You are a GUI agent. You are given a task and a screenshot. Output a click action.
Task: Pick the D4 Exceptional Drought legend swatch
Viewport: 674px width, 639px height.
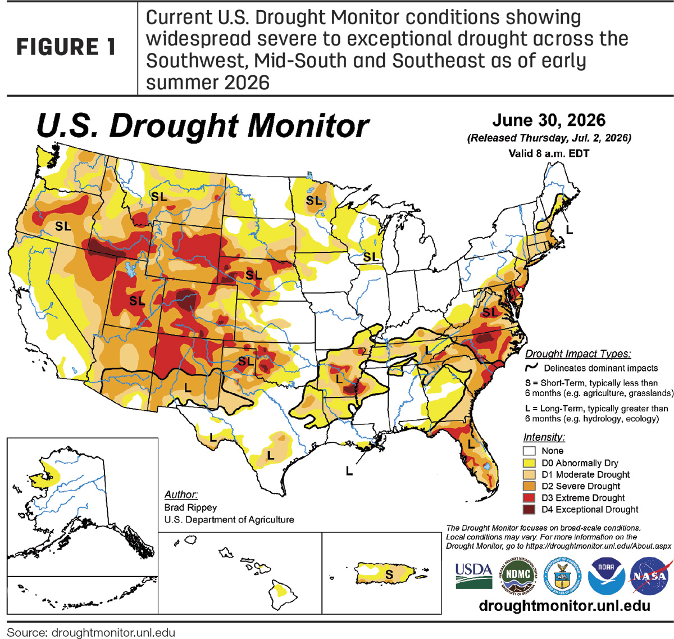point(529,509)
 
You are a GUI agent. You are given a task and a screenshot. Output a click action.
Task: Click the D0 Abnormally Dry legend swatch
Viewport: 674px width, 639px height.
point(529,463)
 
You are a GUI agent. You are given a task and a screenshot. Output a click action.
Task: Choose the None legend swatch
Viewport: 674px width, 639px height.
point(529,451)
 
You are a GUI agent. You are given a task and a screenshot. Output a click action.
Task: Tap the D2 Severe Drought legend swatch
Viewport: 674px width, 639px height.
point(529,486)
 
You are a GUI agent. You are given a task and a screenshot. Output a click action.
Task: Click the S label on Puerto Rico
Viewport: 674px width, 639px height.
point(389,574)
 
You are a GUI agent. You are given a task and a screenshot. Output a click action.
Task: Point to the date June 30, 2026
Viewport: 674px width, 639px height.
point(549,120)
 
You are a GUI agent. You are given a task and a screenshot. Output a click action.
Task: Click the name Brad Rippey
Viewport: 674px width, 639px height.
point(190,507)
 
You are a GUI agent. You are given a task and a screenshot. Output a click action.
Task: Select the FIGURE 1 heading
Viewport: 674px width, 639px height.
point(66,47)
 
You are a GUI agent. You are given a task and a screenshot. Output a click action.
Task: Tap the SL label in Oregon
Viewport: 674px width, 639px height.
point(63,226)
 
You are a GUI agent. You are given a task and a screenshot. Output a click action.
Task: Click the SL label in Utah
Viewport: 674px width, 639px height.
point(137,301)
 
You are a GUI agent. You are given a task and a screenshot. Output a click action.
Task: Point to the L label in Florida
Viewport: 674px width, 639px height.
point(471,445)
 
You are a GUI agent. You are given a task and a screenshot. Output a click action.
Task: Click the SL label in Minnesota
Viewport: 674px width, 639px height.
point(313,201)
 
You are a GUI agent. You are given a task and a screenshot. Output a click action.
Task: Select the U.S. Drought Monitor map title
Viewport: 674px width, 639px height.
point(203,126)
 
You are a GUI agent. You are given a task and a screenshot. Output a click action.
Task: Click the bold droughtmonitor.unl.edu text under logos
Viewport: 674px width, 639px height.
point(564,606)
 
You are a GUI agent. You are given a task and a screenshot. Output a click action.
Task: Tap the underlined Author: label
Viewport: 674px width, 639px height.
point(181,495)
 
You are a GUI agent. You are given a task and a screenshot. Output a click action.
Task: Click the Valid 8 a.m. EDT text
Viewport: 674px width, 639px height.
point(549,153)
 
